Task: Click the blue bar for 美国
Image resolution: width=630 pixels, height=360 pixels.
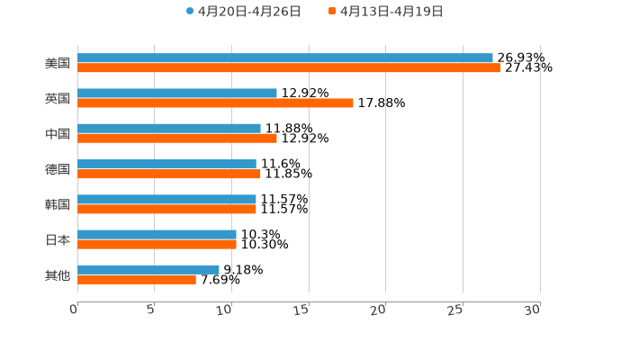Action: [284, 58]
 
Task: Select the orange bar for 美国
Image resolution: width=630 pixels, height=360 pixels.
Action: [288, 67]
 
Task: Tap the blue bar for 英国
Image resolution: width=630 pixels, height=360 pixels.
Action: [177, 93]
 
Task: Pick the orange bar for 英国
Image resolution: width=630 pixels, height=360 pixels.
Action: [215, 103]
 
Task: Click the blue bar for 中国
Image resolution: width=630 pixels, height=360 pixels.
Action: [169, 128]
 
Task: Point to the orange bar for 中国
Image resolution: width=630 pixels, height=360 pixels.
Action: [177, 138]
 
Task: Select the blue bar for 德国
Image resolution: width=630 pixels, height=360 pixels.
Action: [166, 164]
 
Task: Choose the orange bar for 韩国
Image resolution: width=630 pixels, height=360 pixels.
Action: [166, 209]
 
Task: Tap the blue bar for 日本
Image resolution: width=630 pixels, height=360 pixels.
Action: [157, 234]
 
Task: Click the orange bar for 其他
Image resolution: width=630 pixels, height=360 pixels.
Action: [137, 279]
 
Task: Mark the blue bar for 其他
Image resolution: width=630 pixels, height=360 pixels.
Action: [148, 269]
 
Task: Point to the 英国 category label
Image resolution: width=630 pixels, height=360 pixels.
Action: [58, 98]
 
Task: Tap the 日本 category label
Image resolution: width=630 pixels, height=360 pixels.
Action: [58, 239]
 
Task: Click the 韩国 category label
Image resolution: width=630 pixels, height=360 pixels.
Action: [58, 204]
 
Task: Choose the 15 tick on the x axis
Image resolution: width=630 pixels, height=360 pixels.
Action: [302, 310]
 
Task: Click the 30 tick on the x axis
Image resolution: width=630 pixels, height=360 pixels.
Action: [533, 310]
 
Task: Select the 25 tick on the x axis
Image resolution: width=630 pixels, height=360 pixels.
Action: [456, 310]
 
